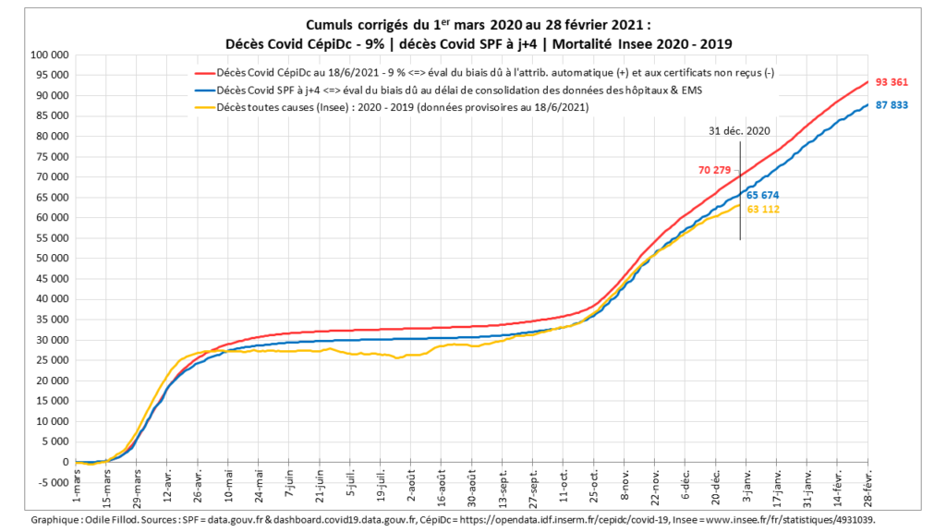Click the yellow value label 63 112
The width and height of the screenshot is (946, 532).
click(x=765, y=210)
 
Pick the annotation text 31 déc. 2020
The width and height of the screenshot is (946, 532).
click(x=739, y=131)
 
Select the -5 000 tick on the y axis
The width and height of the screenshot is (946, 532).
click(x=51, y=482)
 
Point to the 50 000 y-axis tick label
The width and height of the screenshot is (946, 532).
click(x=51, y=259)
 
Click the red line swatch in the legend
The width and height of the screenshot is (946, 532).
click(x=202, y=73)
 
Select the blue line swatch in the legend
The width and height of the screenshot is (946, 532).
click(x=202, y=91)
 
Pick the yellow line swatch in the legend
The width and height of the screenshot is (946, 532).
click(x=202, y=108)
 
